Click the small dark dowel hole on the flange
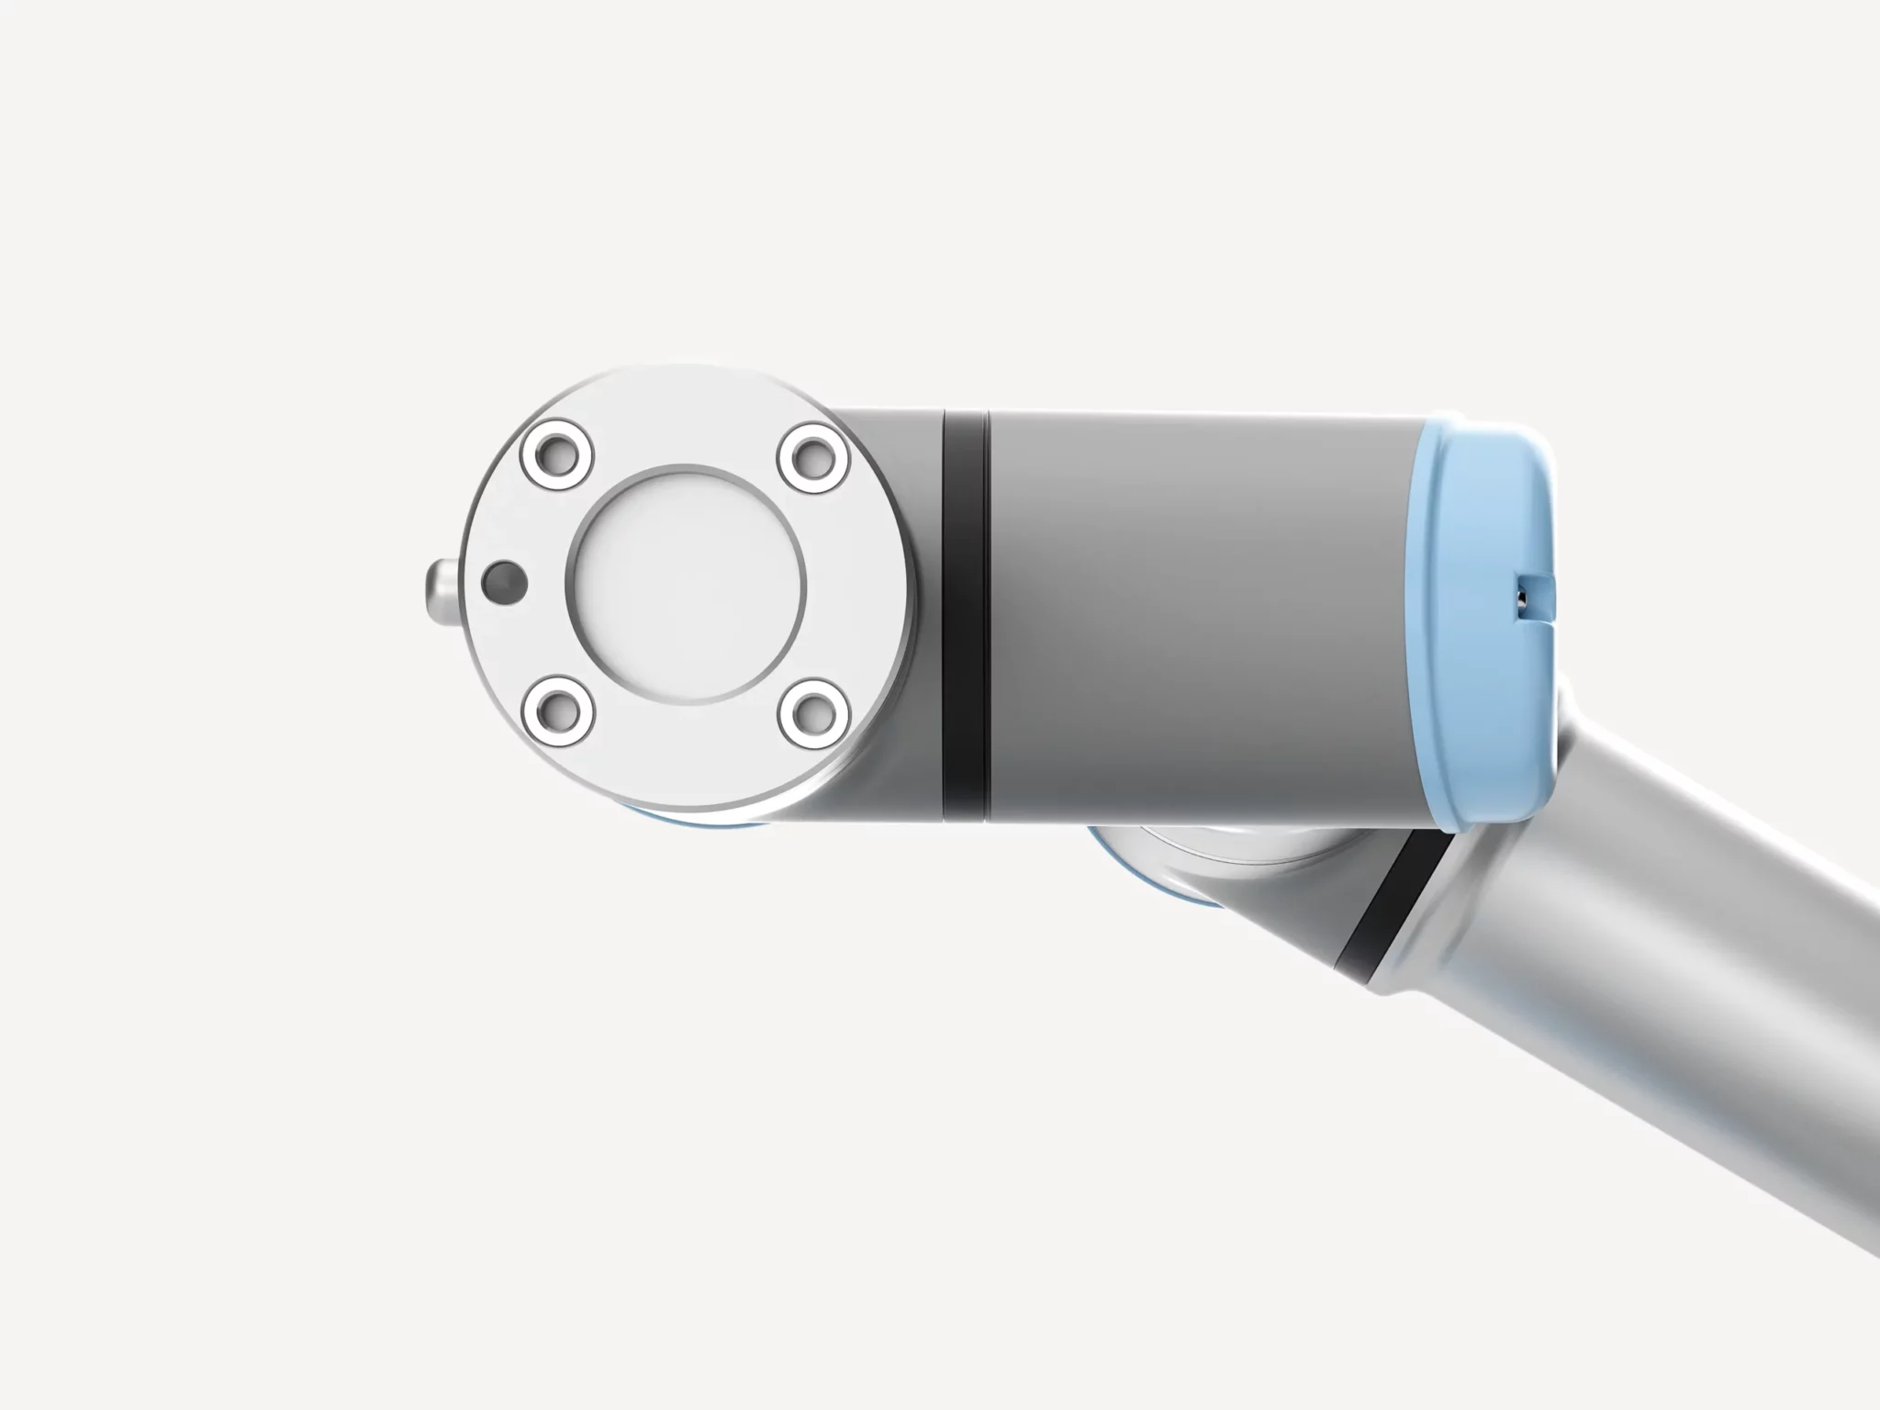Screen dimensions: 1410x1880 pyautogui.click(x=504, y=581)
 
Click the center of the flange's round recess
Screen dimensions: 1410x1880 pyautogui.click(x=686, y=583)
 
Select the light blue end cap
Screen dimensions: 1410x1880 pyautogui.click(x=1492, y=633)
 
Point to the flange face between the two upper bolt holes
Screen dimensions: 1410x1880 pyautogui.click(x=685, y=422)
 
